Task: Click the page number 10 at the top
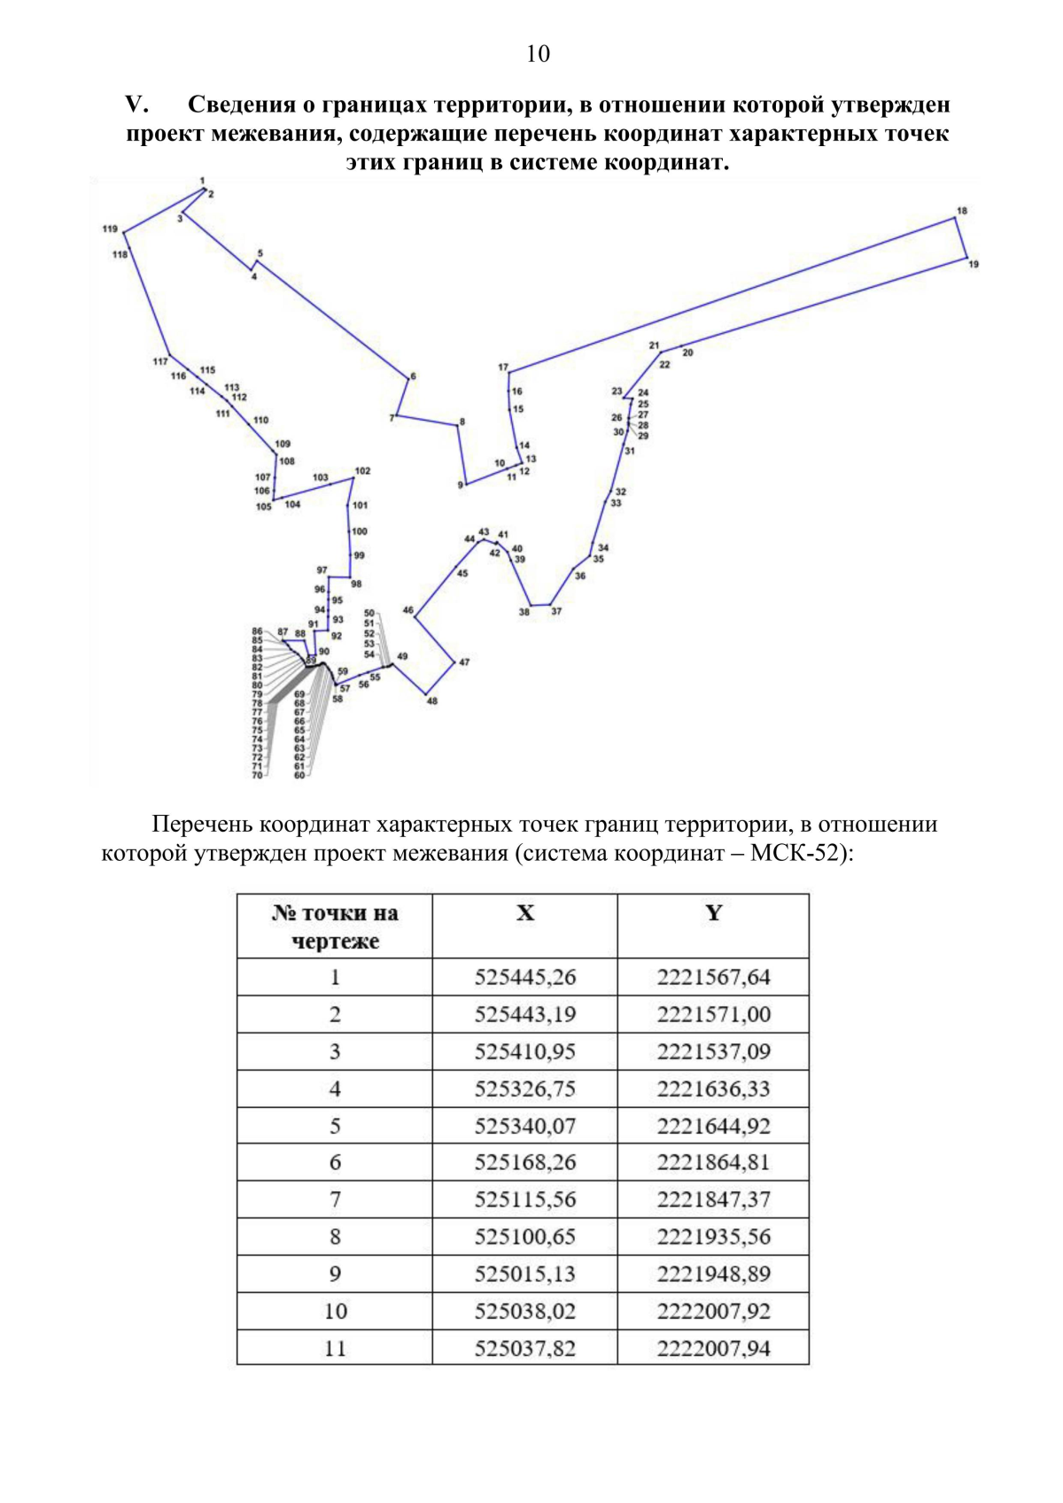tap(538, 54)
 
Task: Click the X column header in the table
tap(525, 913)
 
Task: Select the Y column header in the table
tap(713, 913)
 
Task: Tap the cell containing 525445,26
tap(525, 978)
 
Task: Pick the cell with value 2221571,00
tap(713, 1015)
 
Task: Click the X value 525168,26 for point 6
tap(525, 1163)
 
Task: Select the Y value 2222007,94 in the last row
tap(713, 1349)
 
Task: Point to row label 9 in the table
tap(335, 1274)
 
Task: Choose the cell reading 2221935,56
tap(713, 1237)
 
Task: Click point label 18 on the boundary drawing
tap(962, 211)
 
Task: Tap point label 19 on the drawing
tap(974, 264)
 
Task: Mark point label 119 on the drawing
tap(110, 229)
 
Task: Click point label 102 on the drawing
tap(362, 471)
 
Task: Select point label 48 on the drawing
tap(431, 701)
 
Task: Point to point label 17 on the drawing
tap(503, 367)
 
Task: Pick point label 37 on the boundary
tap(556, 611)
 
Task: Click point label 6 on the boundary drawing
tap(413, 376)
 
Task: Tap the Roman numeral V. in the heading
tap(136, 105)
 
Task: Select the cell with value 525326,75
tap(525, 1089)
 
